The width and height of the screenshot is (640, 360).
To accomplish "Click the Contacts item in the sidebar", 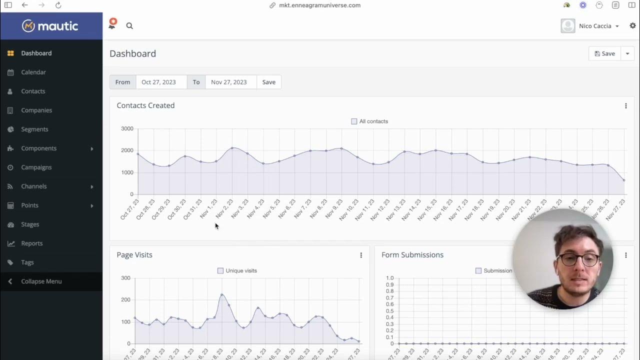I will coord(33,91).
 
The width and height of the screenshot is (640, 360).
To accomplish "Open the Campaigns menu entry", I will coord(36,167).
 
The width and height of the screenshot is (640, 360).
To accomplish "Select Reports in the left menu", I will coord(31,243).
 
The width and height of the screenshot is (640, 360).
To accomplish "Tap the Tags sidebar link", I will coord(27,262).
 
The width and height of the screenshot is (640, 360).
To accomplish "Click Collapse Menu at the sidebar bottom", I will coord(41,281).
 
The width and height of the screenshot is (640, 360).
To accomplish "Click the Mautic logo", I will coord(50,26).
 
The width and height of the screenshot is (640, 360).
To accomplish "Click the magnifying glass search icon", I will coord(129,26).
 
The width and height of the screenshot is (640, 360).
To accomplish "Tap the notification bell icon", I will coord(112,24).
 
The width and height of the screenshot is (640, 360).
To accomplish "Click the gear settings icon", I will coord(632,25).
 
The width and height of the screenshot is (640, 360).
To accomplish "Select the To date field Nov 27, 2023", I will coord(230,82).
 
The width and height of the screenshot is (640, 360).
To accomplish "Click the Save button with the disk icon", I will coord(605,53).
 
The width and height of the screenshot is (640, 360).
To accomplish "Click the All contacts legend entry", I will coord(369,121).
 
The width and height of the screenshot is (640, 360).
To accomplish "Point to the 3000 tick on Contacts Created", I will coord(127,128).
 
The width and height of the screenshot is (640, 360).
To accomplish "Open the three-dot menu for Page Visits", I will coord(361,255).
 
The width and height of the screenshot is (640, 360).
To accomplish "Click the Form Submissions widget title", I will coord(412,254).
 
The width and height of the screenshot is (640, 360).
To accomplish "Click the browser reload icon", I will coord(58,5).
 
